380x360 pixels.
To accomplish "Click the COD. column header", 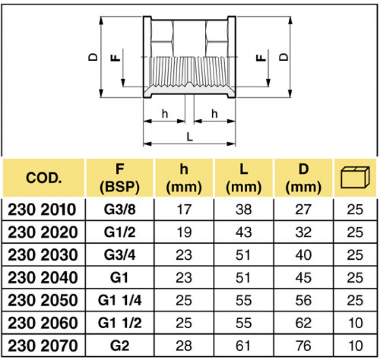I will coord(43,178).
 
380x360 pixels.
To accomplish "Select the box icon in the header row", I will coord(355,178).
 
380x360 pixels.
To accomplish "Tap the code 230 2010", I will coord(43,209).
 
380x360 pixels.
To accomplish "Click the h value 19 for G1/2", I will coord(184,232).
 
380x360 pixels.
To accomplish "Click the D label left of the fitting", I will coord(93,57).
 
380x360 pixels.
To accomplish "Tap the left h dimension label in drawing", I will coord(165,114).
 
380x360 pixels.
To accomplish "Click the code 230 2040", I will coord(43,278).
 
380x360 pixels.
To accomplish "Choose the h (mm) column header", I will coord(184,178).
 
